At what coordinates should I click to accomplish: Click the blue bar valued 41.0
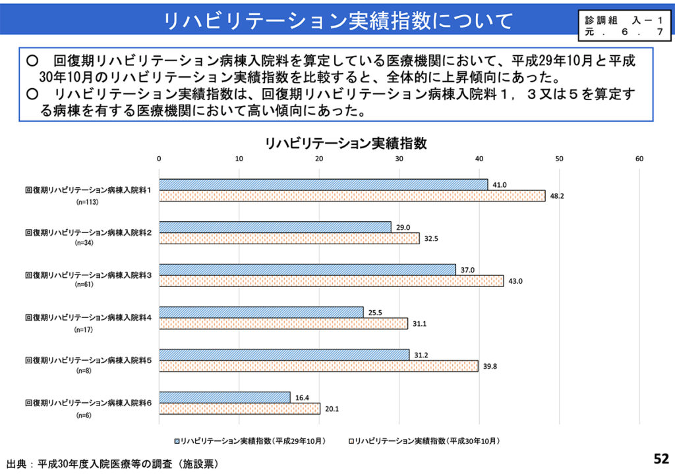point(323,184)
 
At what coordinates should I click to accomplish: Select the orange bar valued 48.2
point(352,196)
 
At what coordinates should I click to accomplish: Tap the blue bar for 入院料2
point(275,227)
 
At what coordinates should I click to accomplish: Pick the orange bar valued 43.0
point(331,280)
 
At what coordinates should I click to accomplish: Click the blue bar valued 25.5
point(261,312)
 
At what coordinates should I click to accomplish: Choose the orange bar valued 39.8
point(318,366)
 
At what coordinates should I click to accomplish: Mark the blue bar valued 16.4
point(225,397)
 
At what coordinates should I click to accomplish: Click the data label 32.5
point(430,238)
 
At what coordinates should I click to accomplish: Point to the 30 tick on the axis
point(399,159)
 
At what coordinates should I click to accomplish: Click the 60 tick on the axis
point(639,159)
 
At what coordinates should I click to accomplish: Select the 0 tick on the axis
point(160,159)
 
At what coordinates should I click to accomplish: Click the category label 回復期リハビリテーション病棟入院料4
point(88,317)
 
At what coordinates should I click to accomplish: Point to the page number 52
point(660,459)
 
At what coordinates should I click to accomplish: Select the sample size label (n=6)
point(84,415)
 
